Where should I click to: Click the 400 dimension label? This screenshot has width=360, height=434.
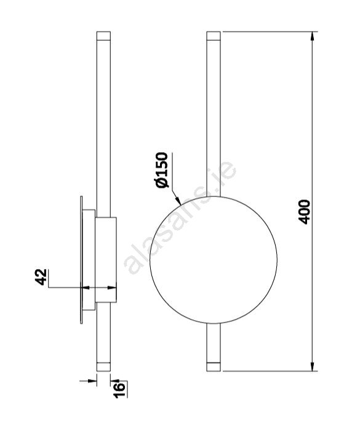(305, 212)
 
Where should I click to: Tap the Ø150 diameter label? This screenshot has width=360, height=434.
(162, 170)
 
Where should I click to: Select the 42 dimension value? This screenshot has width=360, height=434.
(41, 277)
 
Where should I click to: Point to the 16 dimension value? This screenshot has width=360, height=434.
(120, 390)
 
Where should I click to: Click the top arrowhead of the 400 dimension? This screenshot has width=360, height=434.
(313, 36)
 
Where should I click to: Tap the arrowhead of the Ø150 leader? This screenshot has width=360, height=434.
(178, 201)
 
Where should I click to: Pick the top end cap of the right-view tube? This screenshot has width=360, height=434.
(214, 36)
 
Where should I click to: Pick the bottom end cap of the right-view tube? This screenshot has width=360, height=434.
(214, 366)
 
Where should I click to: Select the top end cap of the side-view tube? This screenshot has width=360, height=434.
(103, 36)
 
